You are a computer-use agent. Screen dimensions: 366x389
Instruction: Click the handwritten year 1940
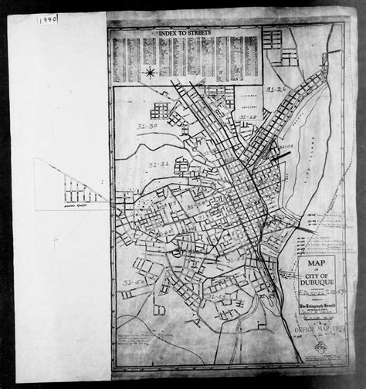[46, 19]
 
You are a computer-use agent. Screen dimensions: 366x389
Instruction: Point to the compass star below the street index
[150, 73]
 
